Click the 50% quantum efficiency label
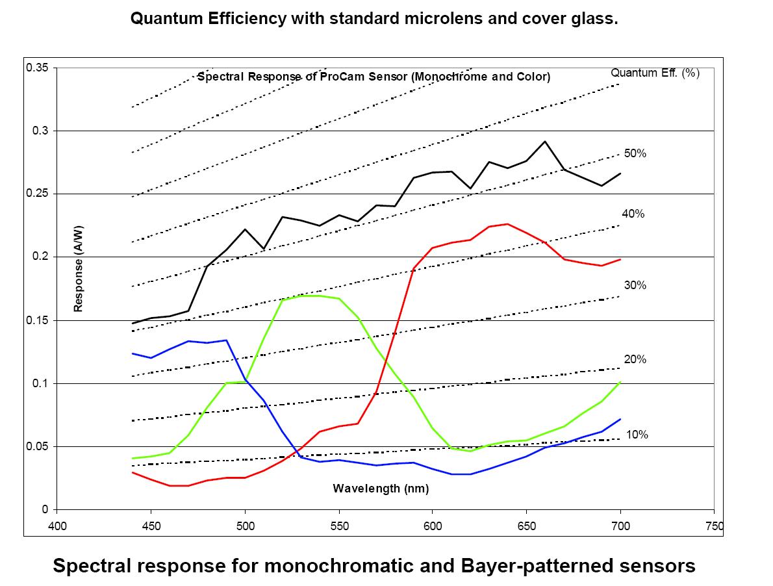[636, 154]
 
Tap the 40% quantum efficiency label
[633, 214]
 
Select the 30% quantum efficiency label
[635, 285]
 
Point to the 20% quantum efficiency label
[635, 359]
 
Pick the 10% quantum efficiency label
[637, 435]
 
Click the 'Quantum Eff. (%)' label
[655, 73]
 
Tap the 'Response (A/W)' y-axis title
[79, 268]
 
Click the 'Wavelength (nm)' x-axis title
[381, 489]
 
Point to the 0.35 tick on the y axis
[38, 68]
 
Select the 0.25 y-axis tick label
[38, 194]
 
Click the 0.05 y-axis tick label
[38, 447]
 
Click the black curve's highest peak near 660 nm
[545, 141]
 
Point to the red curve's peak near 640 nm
[507, 224]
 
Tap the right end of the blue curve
[621, 419]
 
